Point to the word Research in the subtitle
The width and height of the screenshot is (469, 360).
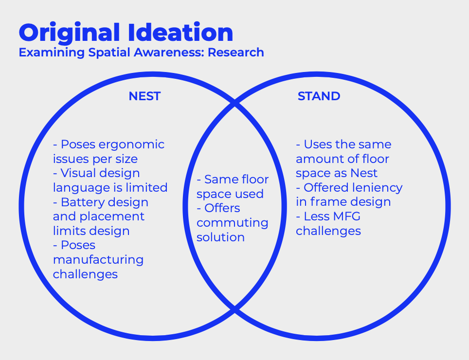tap(236, 52)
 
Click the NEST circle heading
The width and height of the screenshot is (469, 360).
tap(144, 96)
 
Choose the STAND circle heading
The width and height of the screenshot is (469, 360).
tap(319, 96)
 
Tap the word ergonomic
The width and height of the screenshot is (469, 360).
tap(132, 144)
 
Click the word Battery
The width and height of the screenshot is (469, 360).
tap(80, 202)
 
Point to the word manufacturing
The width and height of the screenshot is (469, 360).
tap(98, 259)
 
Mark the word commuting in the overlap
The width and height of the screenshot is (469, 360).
tap(233, 223)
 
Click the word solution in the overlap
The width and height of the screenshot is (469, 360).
tap(220, 237)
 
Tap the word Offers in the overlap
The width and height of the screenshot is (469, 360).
tap(222, 208)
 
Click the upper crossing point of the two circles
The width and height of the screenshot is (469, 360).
tap(235, 103)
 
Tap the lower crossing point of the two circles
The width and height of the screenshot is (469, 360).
tap(235, 309)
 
